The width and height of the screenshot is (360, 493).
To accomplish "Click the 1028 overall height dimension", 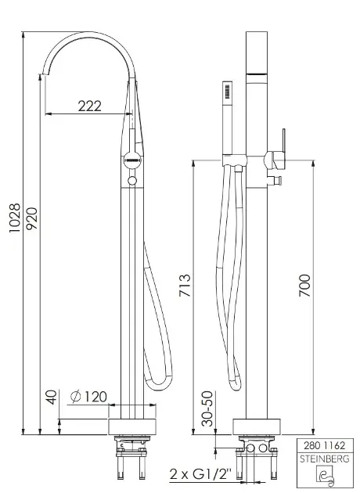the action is tap(15, 218).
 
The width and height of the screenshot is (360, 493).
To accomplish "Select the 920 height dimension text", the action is tap(32, 218).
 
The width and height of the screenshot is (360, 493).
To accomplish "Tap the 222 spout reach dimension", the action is tap(89, 106).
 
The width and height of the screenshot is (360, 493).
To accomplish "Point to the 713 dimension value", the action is tap(185, 286).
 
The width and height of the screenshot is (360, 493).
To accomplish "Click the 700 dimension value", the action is tap(304, 286).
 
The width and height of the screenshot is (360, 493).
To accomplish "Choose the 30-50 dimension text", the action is tap(207, 408).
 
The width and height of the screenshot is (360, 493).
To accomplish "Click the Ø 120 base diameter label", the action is tap(88, 397).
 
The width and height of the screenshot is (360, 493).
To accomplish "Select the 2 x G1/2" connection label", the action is tap(200, 473).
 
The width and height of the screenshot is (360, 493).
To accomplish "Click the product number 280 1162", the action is tap(325, 445).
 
